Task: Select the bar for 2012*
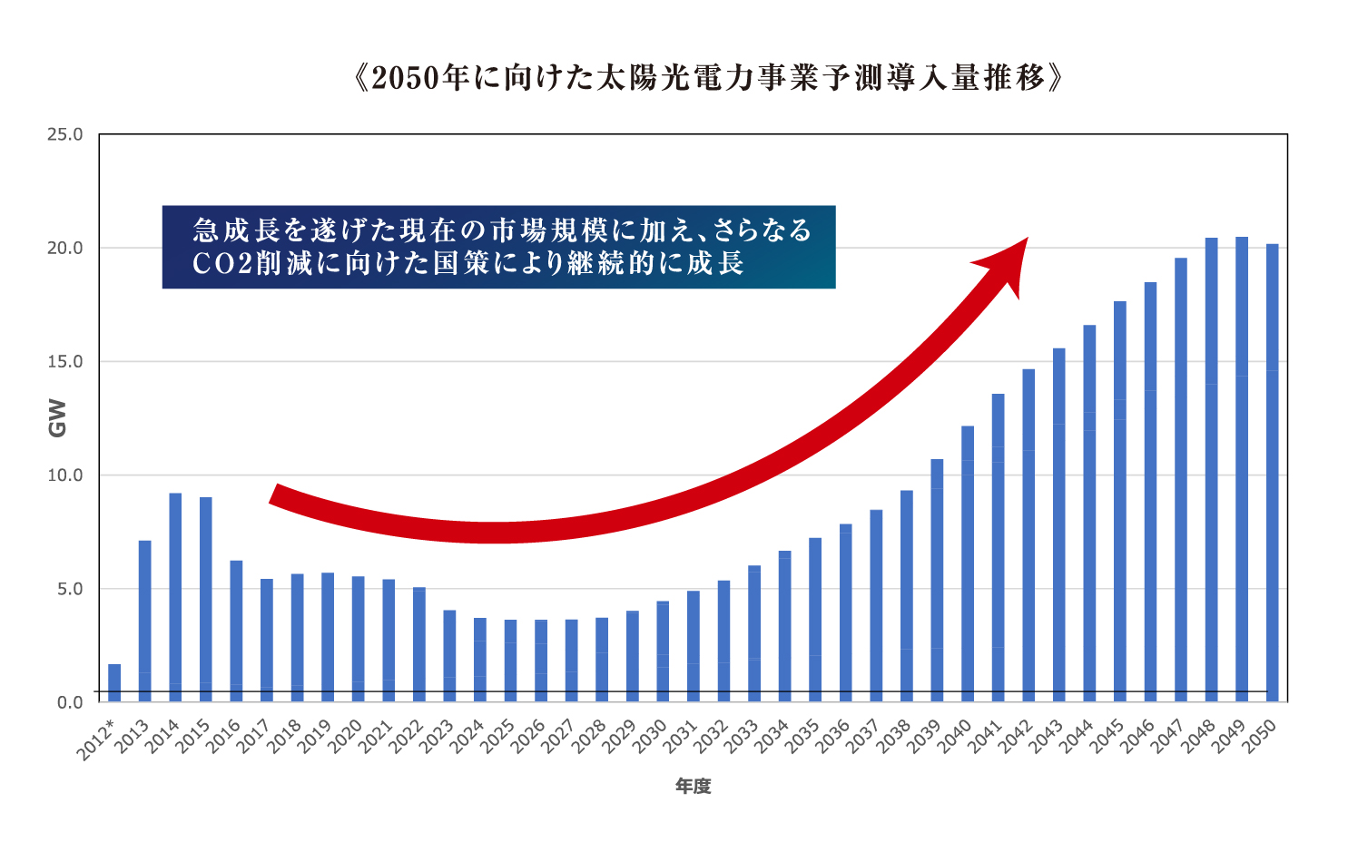114,682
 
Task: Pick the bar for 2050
1272,472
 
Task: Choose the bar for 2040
968,563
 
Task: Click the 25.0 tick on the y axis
64,134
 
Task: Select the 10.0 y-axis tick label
64,475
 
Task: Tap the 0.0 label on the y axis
69,702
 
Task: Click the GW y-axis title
57,417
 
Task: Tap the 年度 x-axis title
693,787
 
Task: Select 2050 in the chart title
406,78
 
